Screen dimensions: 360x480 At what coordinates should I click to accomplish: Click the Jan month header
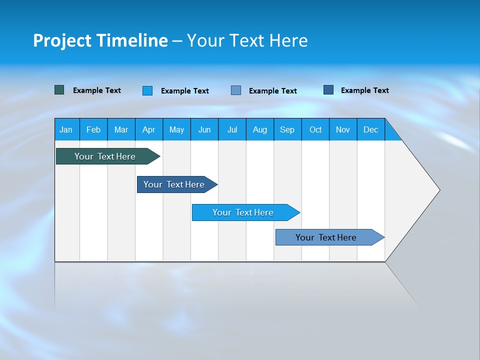66,129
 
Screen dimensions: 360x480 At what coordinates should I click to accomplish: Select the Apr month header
149,129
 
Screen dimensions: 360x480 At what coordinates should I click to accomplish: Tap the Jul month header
232,129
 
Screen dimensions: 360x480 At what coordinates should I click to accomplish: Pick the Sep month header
287,129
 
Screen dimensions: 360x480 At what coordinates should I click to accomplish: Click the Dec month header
370,129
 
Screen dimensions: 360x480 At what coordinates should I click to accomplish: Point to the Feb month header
93,129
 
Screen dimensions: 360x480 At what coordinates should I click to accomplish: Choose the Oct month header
315,129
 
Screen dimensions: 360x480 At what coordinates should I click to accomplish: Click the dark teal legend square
59,90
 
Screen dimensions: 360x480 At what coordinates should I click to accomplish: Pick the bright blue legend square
147,90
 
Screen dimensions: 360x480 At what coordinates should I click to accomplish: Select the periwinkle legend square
236,90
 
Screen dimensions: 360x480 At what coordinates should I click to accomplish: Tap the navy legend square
328,90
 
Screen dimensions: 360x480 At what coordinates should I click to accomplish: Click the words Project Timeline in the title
100,40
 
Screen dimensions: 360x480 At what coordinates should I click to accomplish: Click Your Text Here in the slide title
247,40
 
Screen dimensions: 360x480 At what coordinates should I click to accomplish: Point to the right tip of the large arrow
438,190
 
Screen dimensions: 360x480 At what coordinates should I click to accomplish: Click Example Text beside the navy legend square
364,90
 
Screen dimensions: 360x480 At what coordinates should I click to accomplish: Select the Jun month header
204,129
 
